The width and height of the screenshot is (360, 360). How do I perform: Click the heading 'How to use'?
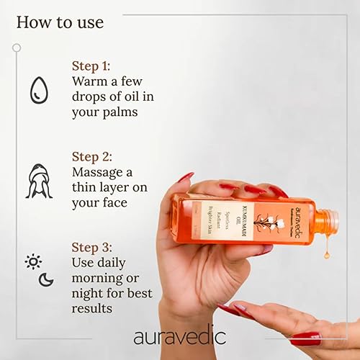click(x=60, y=22)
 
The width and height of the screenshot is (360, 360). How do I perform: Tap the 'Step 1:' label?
click(x=96, y=66)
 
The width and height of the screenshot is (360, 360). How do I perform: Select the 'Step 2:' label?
click(x=97, y=156)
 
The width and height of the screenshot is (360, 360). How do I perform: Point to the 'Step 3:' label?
click(x=97, y=246)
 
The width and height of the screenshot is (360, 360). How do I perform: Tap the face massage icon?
click(x=39, y=181)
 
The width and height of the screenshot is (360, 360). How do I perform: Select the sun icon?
click(x=33, y=261)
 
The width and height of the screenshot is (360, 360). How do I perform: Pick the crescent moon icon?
click(x=46, y=279)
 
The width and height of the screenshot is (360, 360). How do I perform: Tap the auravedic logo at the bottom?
click(x=179, y=336)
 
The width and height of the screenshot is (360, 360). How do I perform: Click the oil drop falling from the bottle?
click(x=327, y=253)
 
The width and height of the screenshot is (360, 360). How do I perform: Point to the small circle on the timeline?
click(x=17, y=48)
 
